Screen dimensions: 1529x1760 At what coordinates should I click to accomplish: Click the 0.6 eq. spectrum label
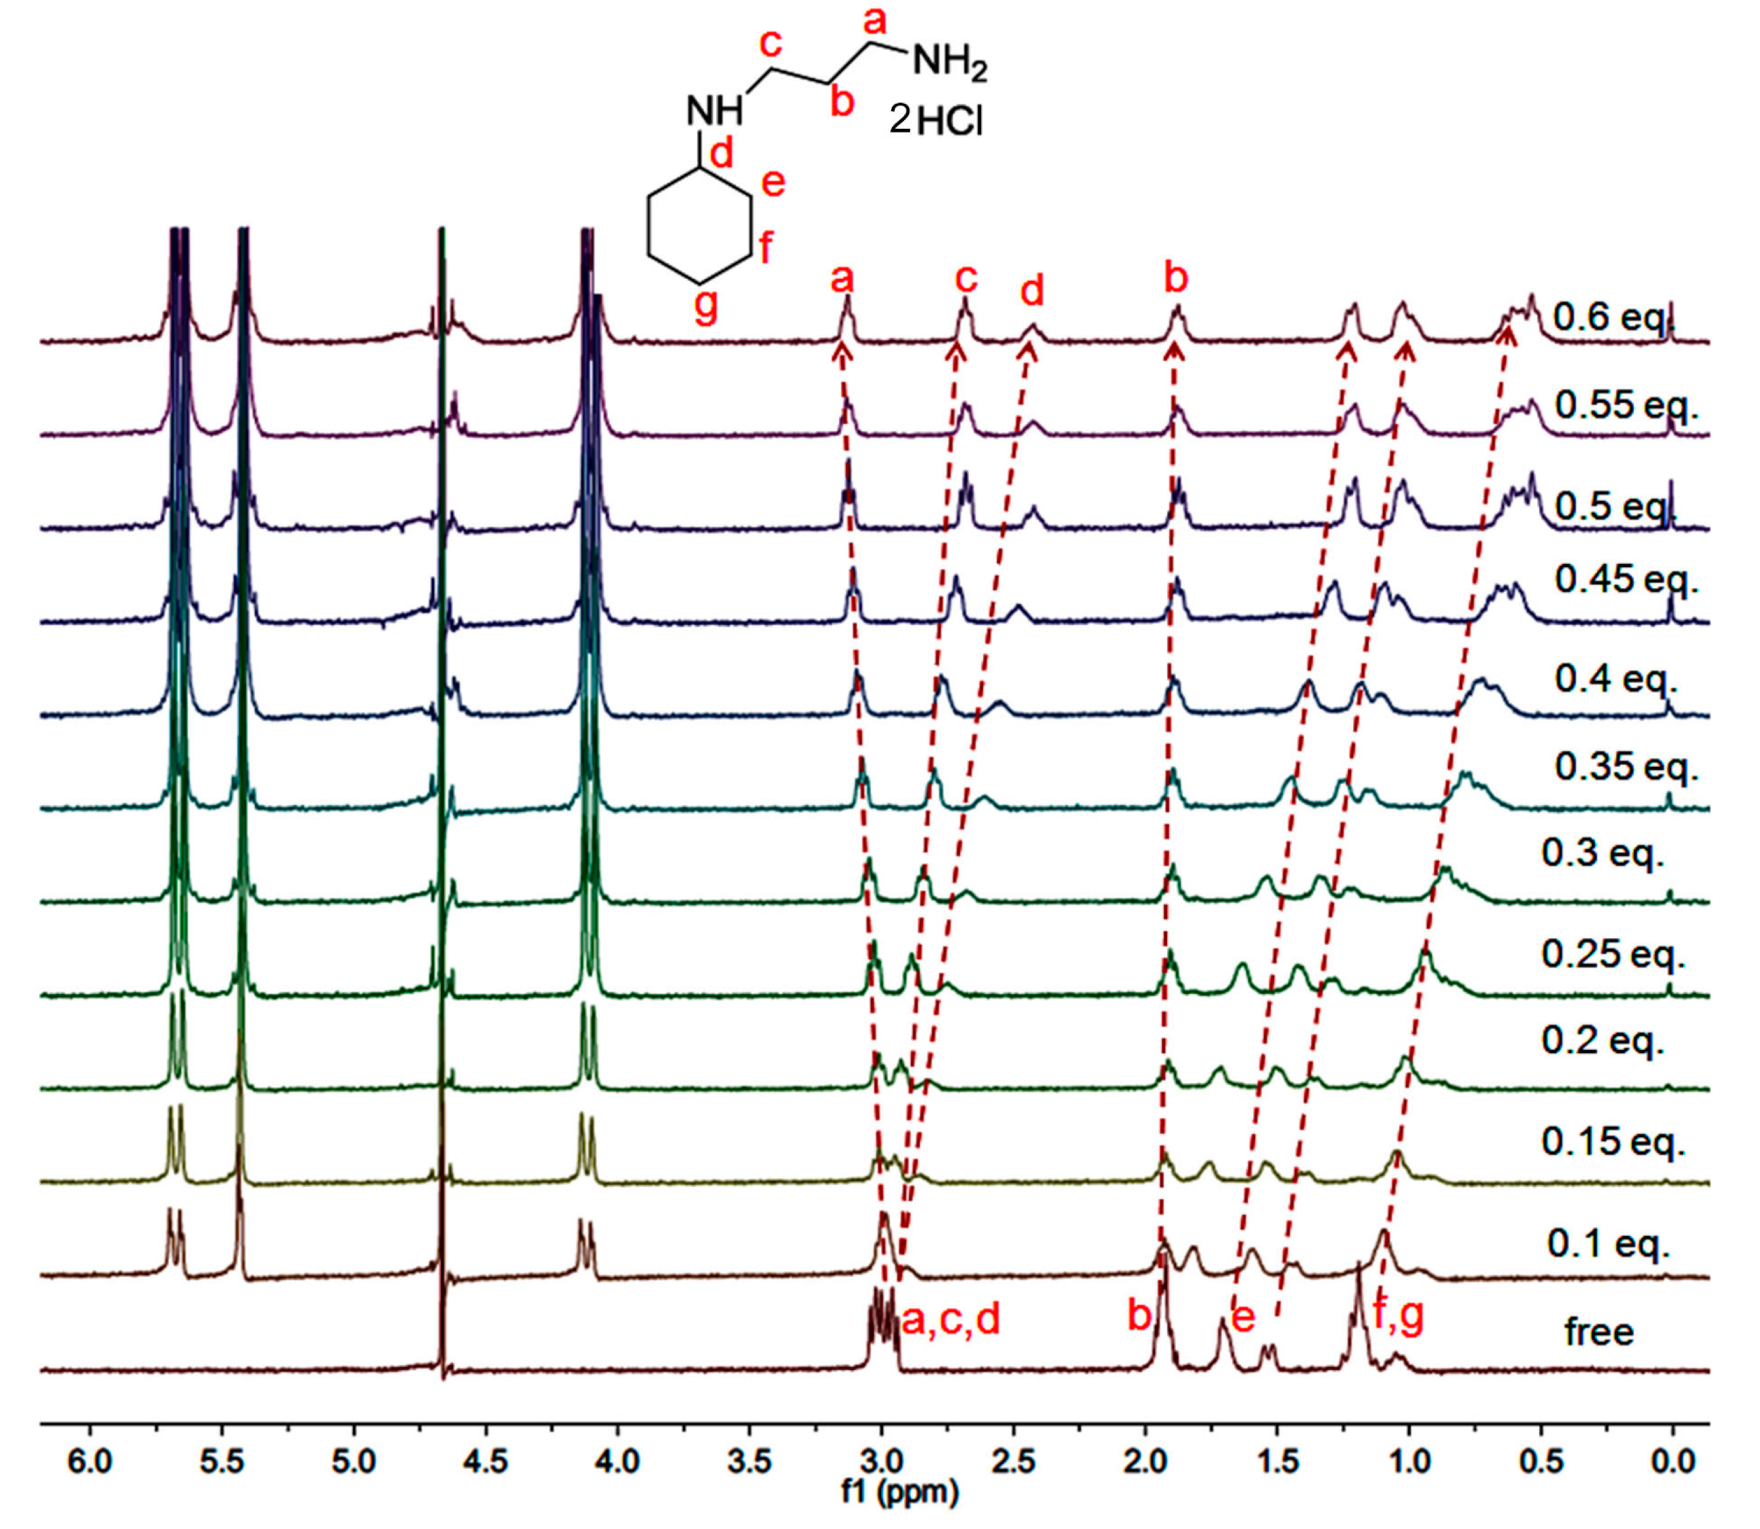[1613, 318]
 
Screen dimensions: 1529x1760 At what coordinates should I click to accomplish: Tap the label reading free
[1599, 1332]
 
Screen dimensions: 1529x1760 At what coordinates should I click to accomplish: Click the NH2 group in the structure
[949, 64]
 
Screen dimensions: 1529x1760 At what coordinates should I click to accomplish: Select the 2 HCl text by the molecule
[936, 121]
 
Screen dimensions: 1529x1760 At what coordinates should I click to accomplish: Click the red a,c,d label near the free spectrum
[950, 1320]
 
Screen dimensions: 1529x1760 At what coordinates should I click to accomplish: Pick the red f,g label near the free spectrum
[1398, 1315]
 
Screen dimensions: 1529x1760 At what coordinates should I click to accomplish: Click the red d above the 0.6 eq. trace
[1032, 292]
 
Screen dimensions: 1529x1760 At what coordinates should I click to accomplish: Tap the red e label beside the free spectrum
[1243, 1318]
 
